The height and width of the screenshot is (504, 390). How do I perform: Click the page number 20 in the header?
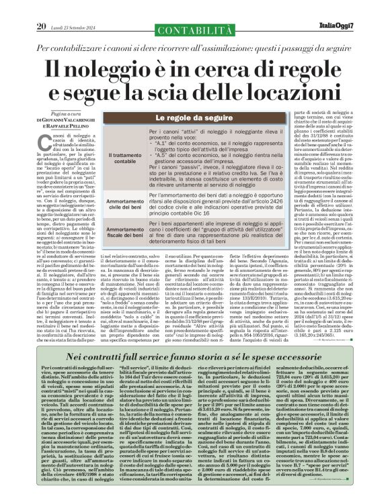point(40,7)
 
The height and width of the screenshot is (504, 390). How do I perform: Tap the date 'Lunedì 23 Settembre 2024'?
point(74,8)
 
